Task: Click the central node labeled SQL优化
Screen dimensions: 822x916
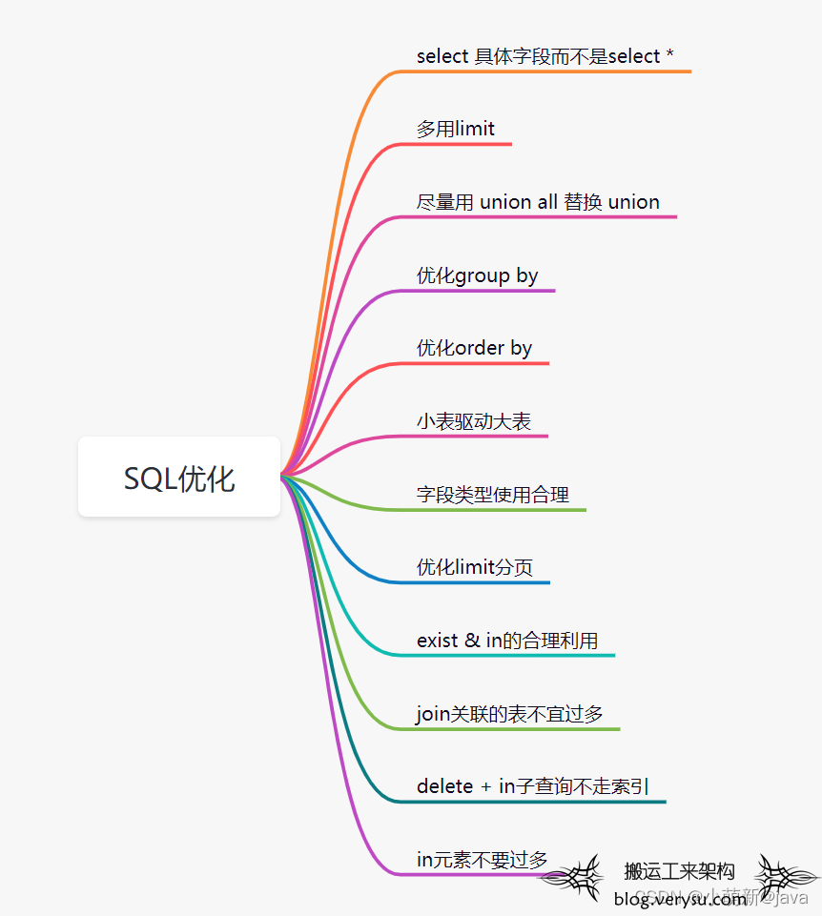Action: click(x=179, y=478)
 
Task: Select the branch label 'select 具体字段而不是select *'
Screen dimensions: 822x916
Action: click(x=545, y=56)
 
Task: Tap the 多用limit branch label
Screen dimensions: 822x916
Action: click(x=456, y=129)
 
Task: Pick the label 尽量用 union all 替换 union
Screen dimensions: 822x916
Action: click(x=538, y=202)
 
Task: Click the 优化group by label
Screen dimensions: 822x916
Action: click(x=478, y=275)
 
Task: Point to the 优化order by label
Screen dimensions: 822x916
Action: click(x=474, y=348)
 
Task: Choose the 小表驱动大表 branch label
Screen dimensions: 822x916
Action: click(x=474, y=421)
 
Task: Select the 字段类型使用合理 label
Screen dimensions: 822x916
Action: click(x=493, y=495)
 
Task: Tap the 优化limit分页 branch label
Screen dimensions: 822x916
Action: click(x=475, y=567)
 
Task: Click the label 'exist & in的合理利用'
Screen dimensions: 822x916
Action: click(x=507, y=641)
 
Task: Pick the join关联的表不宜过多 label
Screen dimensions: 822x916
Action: click(x=510, y=713)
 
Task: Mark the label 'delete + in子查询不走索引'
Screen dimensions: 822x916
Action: click(x=533, y=786)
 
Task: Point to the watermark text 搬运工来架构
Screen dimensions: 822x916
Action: click(x=679, y=871)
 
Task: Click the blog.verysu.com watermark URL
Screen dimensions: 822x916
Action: click(x=680, y=899)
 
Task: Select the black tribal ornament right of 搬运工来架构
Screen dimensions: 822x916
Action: click(x=786, y=875)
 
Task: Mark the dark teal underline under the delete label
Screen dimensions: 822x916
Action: click(x=534, y=802)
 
